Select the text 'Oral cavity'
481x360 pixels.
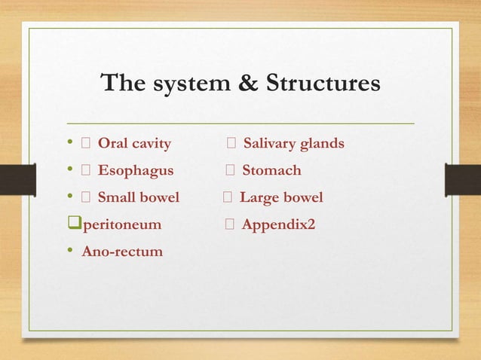click(134, 143)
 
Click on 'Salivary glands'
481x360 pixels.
click(293, 143)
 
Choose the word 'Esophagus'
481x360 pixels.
click(135, 170)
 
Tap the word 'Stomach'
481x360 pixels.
click(271, 170)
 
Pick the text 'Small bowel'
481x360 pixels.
click(138, 197)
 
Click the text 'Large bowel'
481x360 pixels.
click(281, 197)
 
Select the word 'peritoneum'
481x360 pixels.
click(121, 224)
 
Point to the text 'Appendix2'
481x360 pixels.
click(278, 224)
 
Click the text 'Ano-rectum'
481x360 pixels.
click(122, 251)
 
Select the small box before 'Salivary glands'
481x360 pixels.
click(232, 143)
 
